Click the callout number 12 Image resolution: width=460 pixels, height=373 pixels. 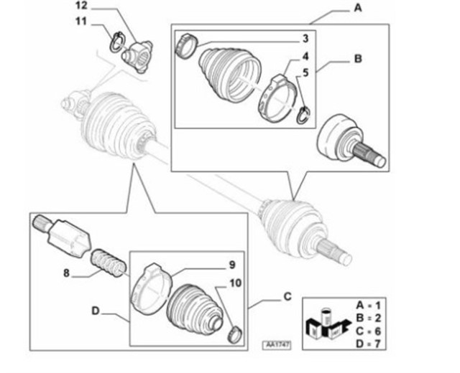tap(82, 6)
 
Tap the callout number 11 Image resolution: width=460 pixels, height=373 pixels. tap(81, 22)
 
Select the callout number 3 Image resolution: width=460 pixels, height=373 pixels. tap(305, 38)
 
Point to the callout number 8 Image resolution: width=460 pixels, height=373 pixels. tap(67, 273)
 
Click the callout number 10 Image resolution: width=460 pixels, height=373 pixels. tap(236, 283)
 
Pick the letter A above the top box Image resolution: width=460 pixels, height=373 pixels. tap(358, 8)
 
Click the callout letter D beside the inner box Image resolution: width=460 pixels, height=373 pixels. tap(96, 311)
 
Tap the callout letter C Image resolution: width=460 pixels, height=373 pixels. tap(287, 296)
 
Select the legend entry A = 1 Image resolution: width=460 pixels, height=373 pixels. tap(368, 306)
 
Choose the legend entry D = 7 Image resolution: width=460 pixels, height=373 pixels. tap(368, 343)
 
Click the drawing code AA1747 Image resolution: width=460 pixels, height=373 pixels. tap(277, 345)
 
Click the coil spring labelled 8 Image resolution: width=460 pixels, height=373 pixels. tap(109, 263)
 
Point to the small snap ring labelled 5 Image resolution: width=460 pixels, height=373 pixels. tap(303, 115)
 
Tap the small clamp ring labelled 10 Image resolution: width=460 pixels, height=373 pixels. tap(235, 334)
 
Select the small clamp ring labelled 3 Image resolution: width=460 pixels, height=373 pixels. tap(186, 46)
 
